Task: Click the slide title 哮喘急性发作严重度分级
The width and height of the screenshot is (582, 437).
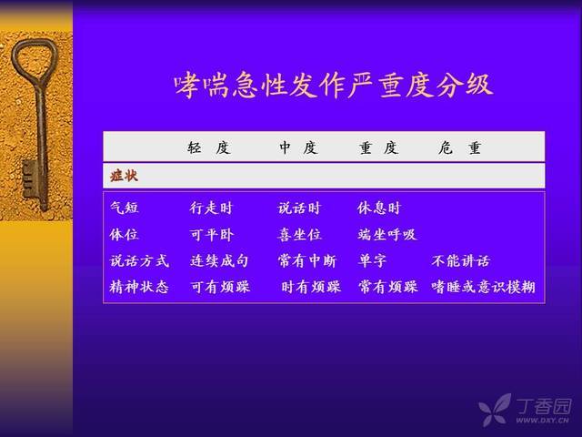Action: [x=334, y=85]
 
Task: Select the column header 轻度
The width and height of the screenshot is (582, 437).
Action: [x=209, y=147]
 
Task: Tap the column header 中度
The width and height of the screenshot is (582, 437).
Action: [x=299, y=147]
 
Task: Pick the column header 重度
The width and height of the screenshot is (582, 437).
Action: [x=378, y=147]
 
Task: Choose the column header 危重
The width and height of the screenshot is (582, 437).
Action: [x=459, y=147]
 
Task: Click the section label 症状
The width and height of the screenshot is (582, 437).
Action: [x=124, y=176]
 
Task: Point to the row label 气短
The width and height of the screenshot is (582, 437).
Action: [x=125, y=208]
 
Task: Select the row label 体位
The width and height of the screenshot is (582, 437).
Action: [x=124, y=235]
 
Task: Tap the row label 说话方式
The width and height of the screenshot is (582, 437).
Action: [x=139, y=260]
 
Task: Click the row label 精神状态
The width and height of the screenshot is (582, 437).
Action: [x=139, y=287]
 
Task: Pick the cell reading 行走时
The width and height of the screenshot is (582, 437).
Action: [x=211, y=208]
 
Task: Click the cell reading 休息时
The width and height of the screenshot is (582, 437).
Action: [x=379, y=208]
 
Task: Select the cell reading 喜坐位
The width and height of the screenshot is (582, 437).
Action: [x=299, y=235]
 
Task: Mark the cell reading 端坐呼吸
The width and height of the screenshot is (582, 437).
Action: [x=386, y=235]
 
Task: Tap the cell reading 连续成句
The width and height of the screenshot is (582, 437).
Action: [x=219, y=260]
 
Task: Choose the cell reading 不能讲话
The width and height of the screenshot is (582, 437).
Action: [x=461, y=261]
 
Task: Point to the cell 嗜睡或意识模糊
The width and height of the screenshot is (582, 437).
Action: [x=483, y=287]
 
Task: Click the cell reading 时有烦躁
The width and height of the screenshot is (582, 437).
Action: [x=311, y=287]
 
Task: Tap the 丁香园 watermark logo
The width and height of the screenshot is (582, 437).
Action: [x=526, y=410]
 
